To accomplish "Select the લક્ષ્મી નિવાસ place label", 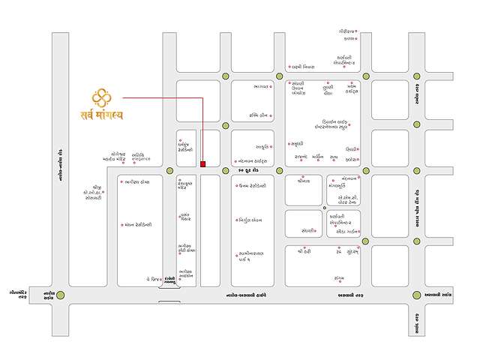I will [x=310, y=67].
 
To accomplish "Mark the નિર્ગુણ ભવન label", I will [x=250, y=220].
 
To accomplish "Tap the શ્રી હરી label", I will [x=304, y=252].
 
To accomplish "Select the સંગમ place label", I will [x=339, y=278].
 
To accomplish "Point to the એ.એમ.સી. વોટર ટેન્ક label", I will [x=351, y=199].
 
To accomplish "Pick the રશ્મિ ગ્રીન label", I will [x=265, y=115].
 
